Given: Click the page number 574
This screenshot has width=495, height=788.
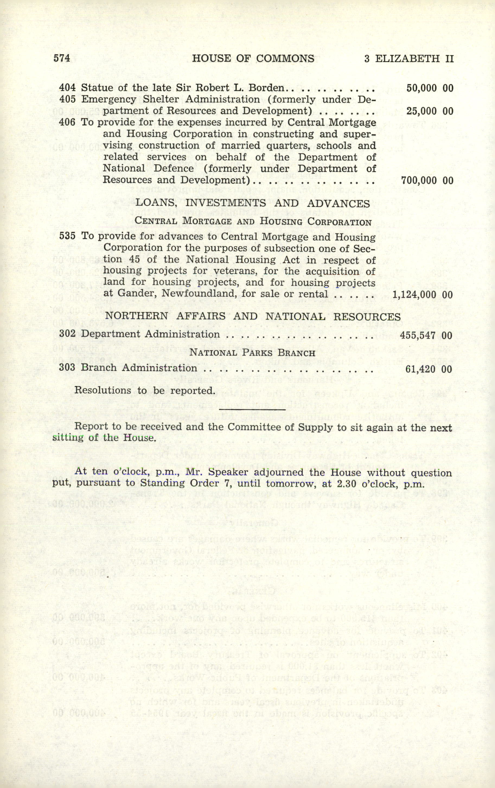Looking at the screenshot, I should point(62,58).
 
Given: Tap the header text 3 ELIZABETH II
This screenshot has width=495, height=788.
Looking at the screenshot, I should point(409,59).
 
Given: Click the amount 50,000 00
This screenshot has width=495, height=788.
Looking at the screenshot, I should point(430,88).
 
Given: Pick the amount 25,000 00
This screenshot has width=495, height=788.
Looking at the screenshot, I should point(430,111).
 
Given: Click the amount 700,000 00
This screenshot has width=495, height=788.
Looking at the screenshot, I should point(427,180).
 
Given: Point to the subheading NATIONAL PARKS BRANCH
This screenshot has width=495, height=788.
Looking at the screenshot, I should point(253,353).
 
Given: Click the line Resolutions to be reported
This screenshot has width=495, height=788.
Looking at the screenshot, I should point(144,390).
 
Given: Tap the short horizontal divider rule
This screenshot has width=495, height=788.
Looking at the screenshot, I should point(252,409).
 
